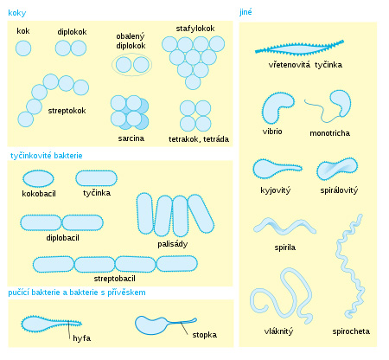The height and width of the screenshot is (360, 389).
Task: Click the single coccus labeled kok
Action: (23, 48)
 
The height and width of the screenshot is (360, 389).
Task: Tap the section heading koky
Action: (17, 13)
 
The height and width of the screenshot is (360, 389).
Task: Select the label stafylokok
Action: (195, 29)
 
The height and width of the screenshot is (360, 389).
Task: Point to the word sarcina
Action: (131, 138)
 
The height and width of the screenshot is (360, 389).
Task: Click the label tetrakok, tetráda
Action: (199, 139)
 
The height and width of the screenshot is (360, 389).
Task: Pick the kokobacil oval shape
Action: (38, 179)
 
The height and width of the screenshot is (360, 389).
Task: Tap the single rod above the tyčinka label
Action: (96, 178)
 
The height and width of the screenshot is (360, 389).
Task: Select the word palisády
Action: (173, 244)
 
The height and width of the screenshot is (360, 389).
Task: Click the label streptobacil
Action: (114, 279)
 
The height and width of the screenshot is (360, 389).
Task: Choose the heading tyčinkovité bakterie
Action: (47, 156)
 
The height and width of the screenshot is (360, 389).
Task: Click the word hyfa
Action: (82, 338)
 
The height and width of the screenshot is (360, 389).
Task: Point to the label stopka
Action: (205, 335)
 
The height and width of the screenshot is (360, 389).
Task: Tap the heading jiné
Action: (246, 12)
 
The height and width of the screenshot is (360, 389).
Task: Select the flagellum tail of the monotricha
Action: (322, 111)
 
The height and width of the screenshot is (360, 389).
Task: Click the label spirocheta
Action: (351, 331)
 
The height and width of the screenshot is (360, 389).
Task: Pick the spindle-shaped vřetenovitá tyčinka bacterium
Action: (299, 48)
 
